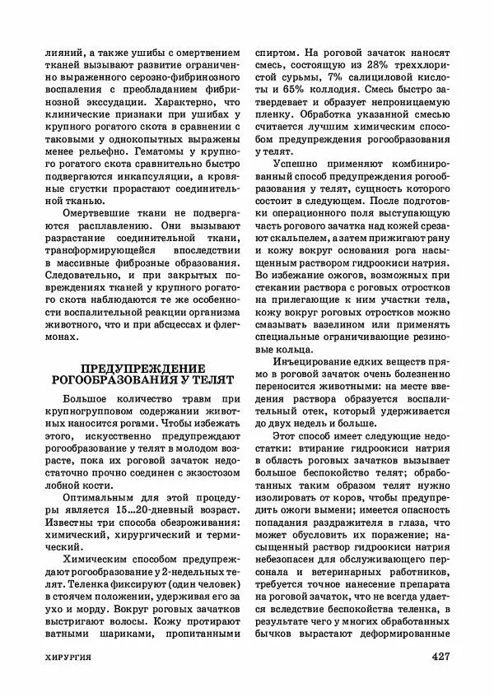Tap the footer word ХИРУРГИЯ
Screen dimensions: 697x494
click(x=69, y=658)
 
